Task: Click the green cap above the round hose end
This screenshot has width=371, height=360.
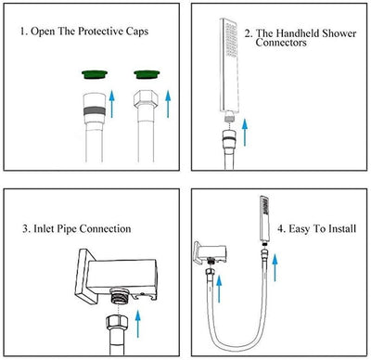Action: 95,74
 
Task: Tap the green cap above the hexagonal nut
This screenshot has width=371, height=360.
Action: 147,74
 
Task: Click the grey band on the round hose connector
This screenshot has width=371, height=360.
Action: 95,110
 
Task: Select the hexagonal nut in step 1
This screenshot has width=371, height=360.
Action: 146,99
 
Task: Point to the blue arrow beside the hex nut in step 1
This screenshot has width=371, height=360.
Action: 168,104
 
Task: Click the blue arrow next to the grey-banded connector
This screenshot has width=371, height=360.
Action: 112,104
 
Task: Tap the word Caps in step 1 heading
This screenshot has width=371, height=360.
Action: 137,32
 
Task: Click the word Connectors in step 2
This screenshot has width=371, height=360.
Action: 281,43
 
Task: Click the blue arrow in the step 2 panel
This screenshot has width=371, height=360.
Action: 245,132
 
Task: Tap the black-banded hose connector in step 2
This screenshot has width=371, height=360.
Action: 229,138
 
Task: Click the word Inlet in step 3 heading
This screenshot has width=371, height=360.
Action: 43,229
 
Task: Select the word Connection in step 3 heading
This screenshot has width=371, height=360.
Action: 105,229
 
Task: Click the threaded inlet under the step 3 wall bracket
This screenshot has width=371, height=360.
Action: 118,298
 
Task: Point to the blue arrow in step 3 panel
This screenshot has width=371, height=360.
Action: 138,324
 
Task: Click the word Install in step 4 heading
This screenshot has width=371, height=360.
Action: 342,228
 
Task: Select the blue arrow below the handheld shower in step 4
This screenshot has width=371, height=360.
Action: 275,267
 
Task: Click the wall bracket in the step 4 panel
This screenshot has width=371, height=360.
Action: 211,252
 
